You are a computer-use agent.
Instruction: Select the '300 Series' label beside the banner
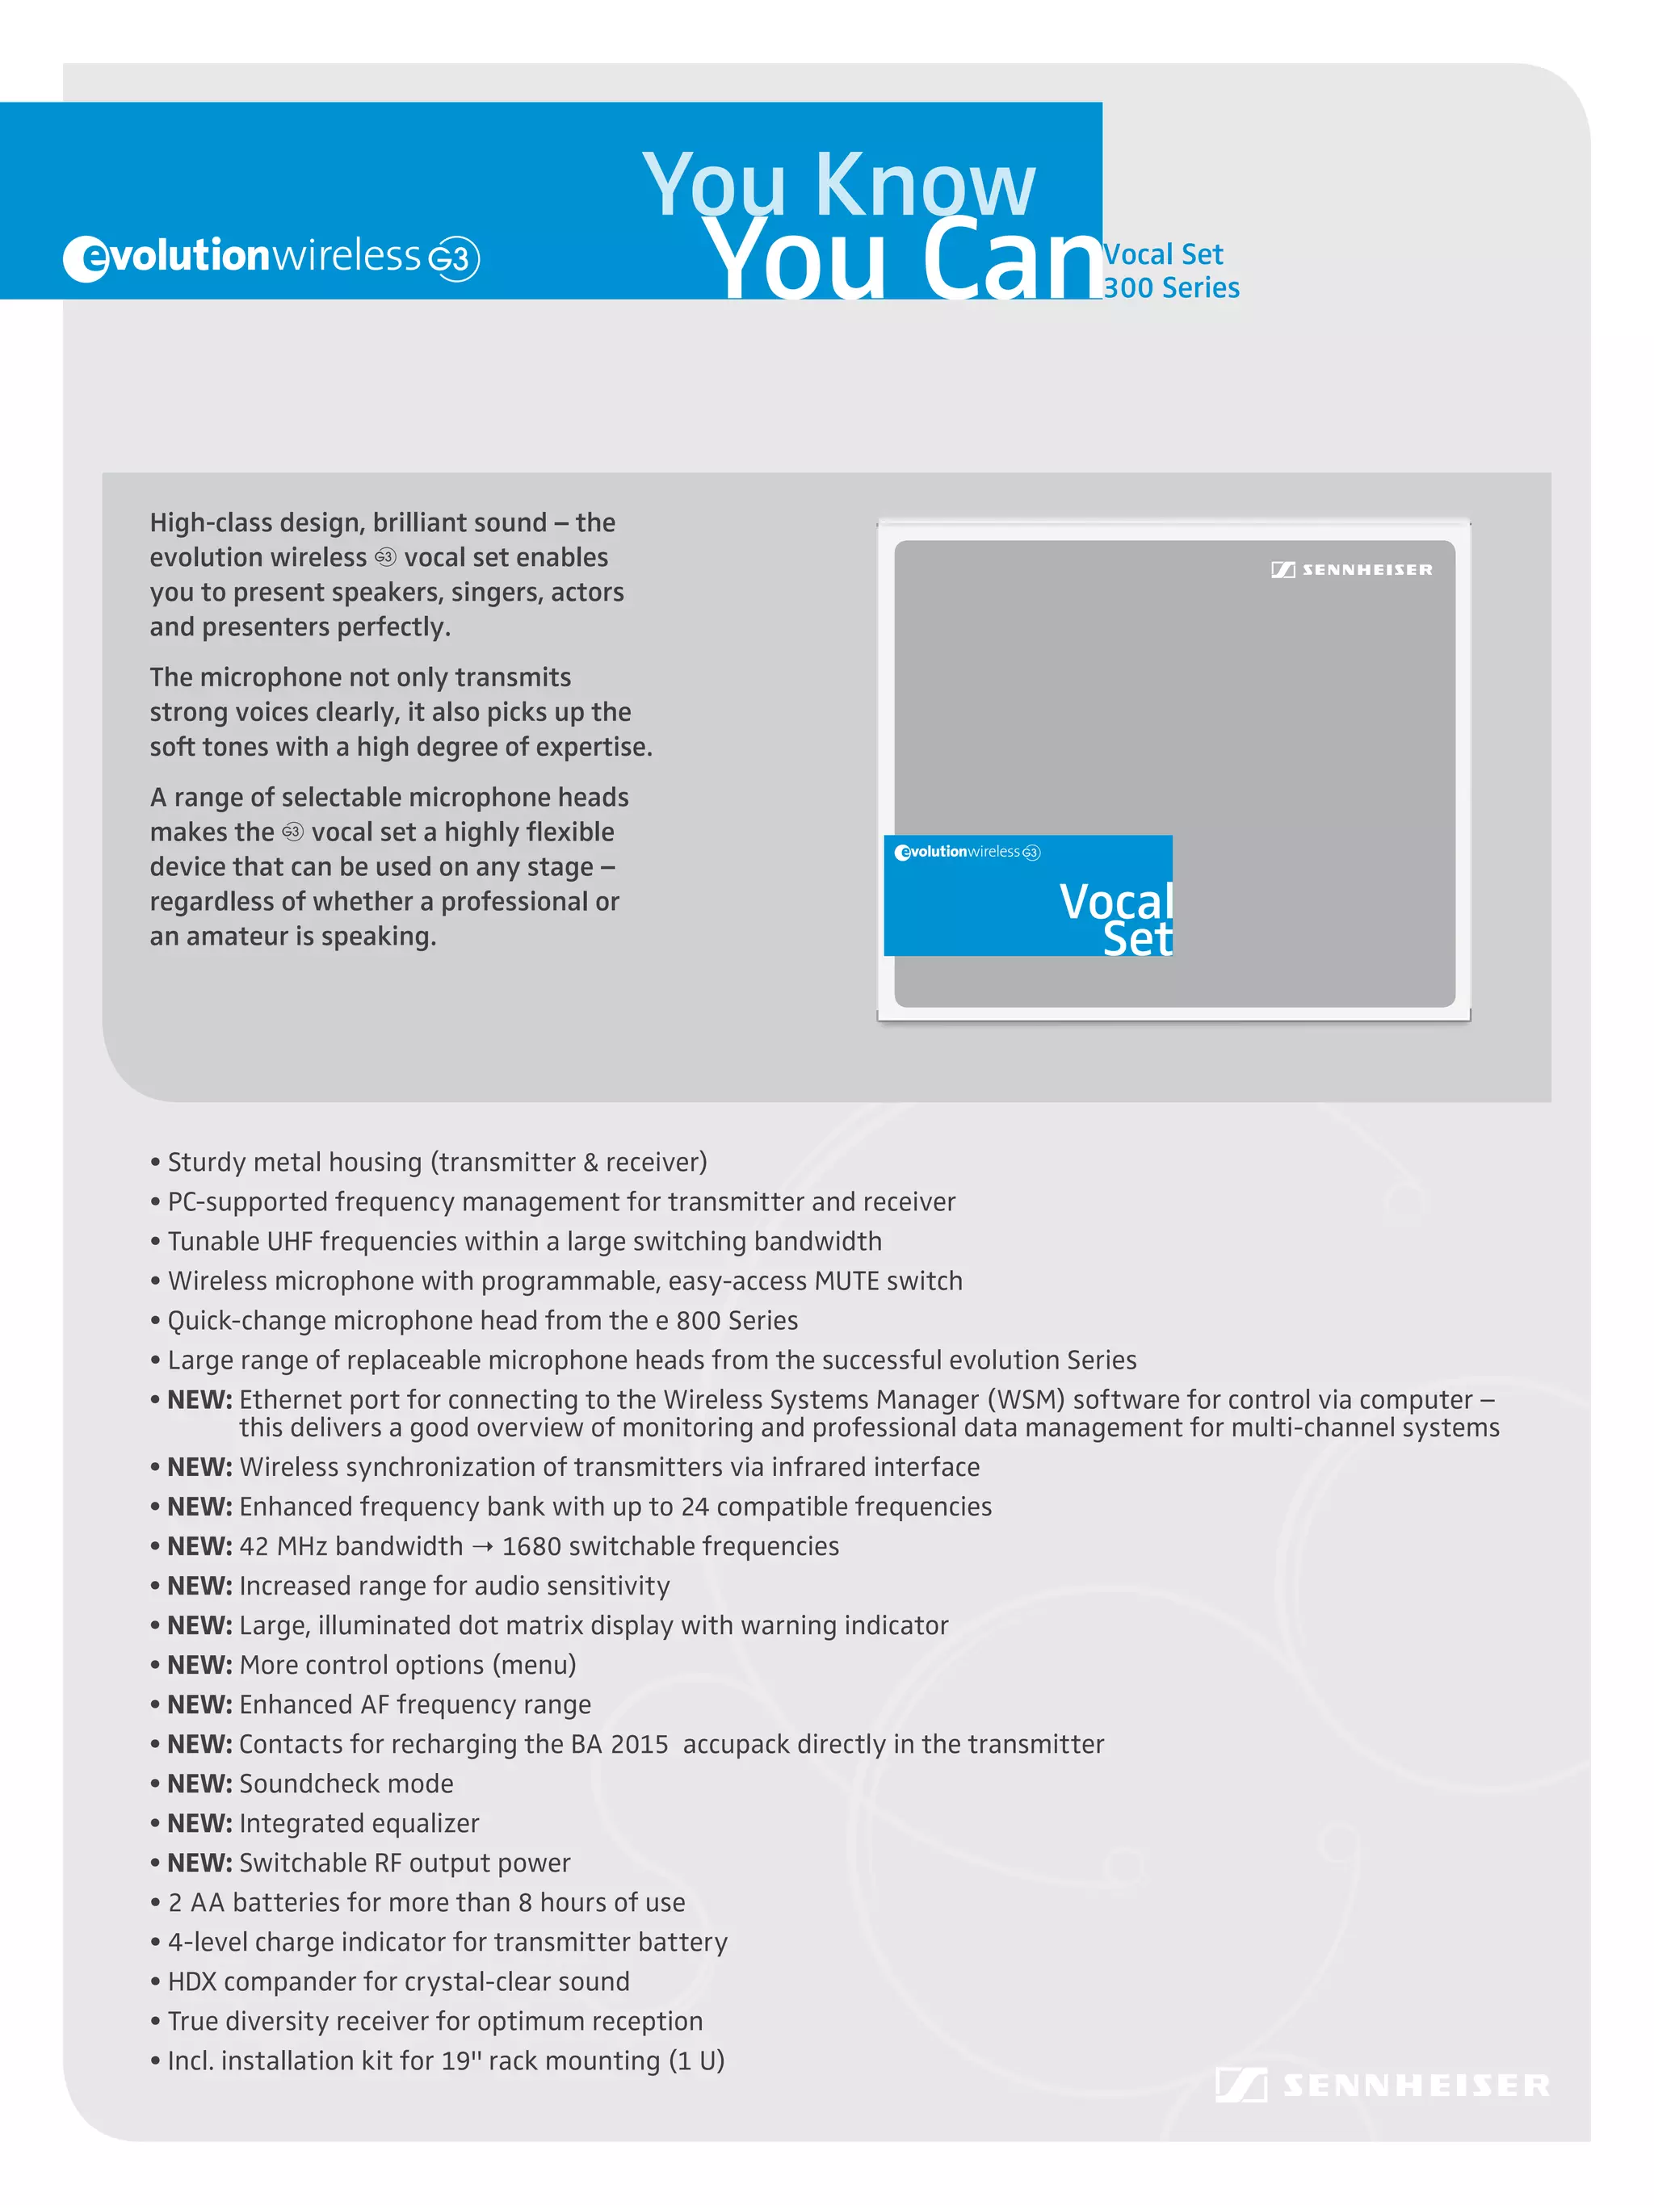[1172, 288]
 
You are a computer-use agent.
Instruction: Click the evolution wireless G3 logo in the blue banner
[271, 258]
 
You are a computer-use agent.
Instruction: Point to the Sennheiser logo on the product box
[1351, 569]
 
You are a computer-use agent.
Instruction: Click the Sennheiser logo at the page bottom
[1382, 2086]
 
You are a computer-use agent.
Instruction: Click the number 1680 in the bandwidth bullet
[531, 1546]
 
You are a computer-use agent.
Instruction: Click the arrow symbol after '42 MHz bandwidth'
[482, 1547]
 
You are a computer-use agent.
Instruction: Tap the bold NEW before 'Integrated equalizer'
[199, 1823]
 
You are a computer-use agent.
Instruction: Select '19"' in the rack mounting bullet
[460, 2060]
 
